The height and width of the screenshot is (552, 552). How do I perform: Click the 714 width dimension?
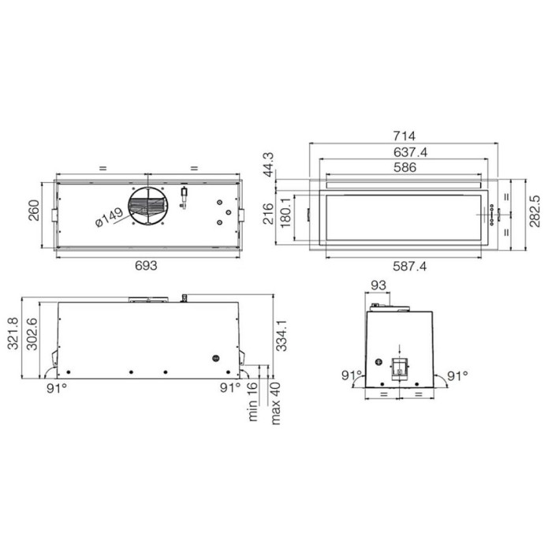tap(404, 136)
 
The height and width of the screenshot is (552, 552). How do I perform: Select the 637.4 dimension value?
tap(410, 152)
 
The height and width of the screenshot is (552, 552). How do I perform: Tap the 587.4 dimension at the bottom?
tap(409, 267)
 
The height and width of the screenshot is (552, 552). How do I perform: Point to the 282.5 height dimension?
tap(535, 211)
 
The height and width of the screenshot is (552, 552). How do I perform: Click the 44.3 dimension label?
tap(269, 165)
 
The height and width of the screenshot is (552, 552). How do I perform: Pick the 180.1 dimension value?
tap(285, 213)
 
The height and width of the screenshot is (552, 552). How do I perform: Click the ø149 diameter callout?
tap(109, 217)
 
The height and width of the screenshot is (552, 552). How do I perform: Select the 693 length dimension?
tap(146, 266)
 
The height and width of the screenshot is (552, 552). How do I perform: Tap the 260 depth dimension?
tap(34, 211)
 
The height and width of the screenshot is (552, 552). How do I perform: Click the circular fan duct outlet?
tap(148, 206)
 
